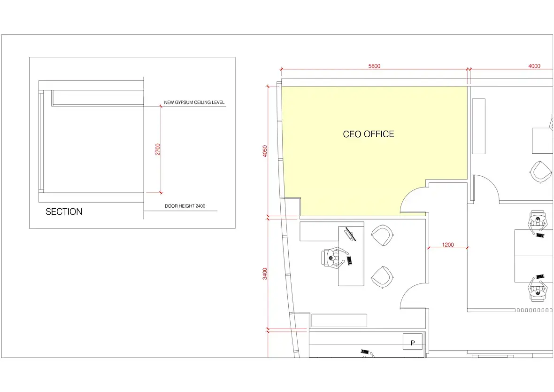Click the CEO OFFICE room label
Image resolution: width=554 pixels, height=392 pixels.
(x=369, y=134)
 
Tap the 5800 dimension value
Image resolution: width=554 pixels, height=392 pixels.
(x=374, y=66)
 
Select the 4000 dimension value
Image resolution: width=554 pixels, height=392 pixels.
(x=534, y=66)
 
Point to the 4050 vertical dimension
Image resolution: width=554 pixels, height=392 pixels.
(x=265, y=151)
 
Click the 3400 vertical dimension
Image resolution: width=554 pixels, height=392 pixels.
(x=265, y=274)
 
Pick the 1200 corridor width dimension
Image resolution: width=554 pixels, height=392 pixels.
(x=447, y=245)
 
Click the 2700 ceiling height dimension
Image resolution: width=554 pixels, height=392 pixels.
(x=158, y=149)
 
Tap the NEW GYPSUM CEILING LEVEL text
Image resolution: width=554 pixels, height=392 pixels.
(x=194, y=102)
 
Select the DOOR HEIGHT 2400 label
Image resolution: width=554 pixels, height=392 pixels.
(x=185, y=206)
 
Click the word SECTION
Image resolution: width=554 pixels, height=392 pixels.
(x=64, y=212)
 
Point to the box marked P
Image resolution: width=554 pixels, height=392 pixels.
(x=413, y=341)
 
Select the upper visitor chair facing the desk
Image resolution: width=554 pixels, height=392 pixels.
(x=382, y=235)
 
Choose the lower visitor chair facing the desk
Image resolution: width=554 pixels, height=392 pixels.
(x=382, y=277)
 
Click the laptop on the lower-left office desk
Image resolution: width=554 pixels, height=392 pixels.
(x=350, y=234)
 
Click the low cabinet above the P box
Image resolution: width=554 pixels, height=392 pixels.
(x=339, y=321)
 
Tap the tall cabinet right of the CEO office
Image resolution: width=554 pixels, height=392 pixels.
(x=478, y=126)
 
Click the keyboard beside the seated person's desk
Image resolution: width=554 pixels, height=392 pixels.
(x=349, y=261)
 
